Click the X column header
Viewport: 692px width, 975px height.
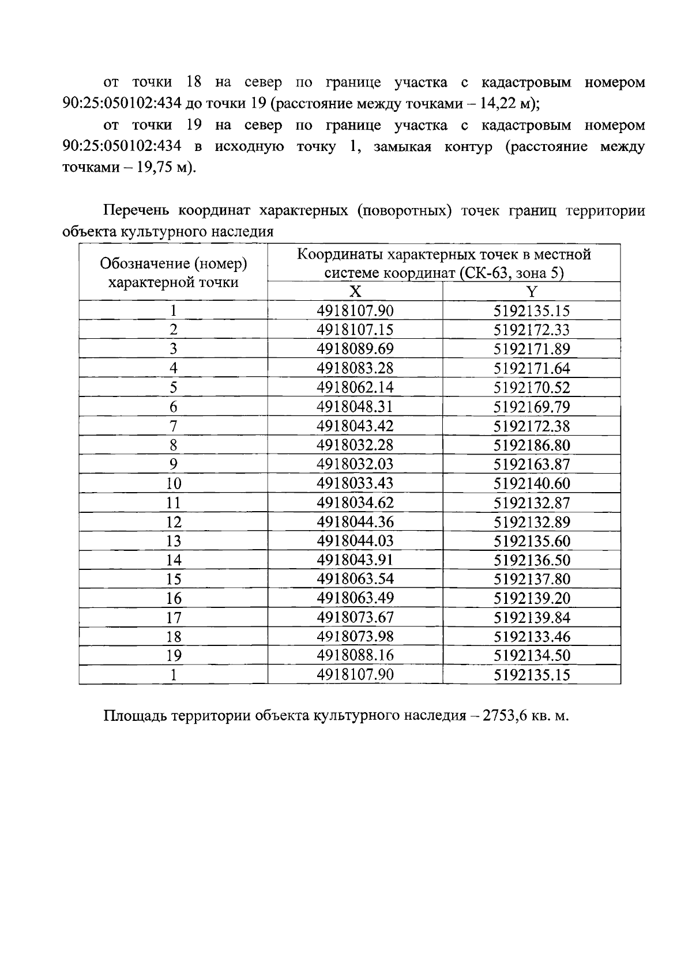coord(356,292)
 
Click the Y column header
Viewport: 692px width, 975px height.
coord(531,292)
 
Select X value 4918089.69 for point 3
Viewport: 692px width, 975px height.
coord(355,349)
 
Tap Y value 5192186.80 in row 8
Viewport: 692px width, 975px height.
coord(531,445)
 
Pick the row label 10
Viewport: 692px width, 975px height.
coord(173,483)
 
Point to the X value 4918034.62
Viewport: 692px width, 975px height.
coord(355,502)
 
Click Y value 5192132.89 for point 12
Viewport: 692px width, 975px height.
coord(531,522)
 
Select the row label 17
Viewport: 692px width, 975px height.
coord(173,618)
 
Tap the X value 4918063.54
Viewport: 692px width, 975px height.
coord(355,579)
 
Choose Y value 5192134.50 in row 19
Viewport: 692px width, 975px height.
coord(531,656)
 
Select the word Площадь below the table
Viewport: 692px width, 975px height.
coord(136,716)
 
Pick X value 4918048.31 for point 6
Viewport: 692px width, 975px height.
coord(355,407)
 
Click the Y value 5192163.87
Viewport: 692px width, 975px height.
coord(531,464)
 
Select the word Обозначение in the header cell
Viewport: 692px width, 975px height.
coord(144,263)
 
